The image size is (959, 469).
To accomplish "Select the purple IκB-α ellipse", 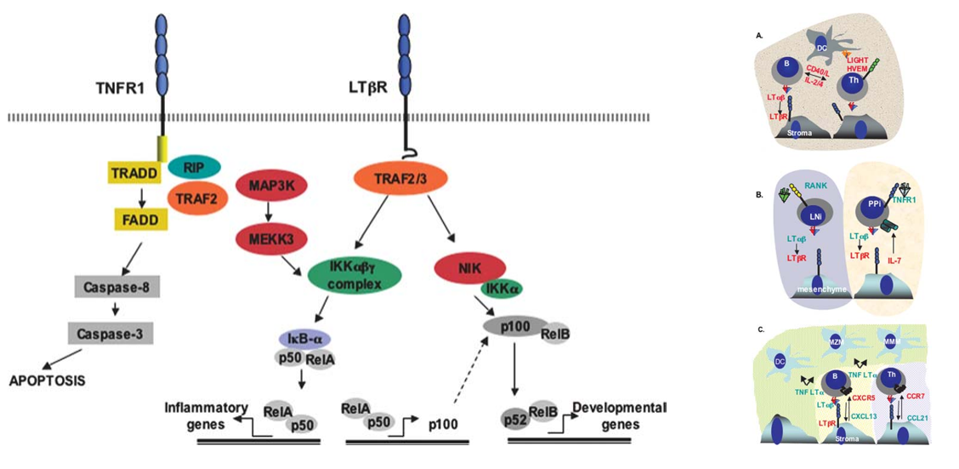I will (309, 339).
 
